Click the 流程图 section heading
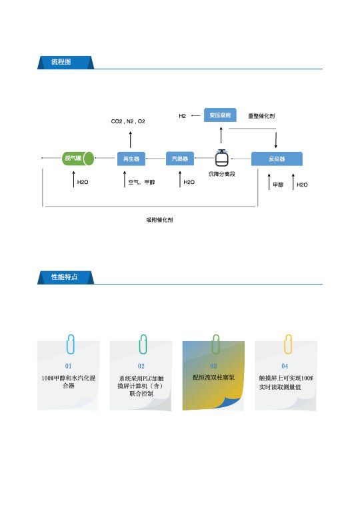point(61,62)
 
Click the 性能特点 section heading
point(64,276)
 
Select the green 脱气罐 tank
point(78,159)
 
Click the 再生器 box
point(131,159)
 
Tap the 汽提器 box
point(180,159)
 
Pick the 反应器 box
point(277,159)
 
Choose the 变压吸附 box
point(220,115)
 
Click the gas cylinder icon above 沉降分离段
point(221,158)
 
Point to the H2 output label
point(182,116)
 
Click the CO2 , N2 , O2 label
point(128,121)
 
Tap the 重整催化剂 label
point(261,116)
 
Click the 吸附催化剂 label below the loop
point(159,220)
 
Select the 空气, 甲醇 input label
point(141,182)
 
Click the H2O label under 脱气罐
point(83,182)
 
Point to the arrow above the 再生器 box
point(131,140)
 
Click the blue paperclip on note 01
point(70,344)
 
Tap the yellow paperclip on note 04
point(288,344)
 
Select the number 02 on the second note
point(141,366)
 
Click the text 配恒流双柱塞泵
point(213,377)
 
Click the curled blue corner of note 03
point(232,402)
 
